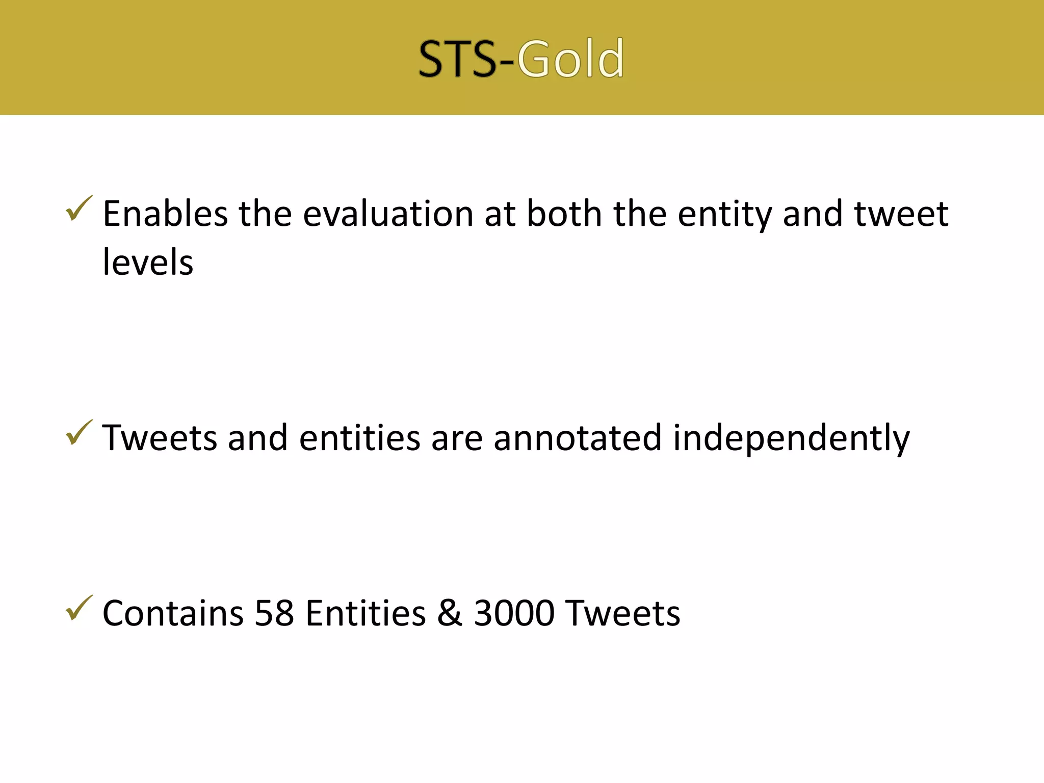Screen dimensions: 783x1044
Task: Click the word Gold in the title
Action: tap(570, 59)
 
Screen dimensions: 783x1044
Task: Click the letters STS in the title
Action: tap(457, 59)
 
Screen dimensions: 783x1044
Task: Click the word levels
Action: tap(148, 262)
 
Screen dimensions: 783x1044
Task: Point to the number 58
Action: tap(274, 613)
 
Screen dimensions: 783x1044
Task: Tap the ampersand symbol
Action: tap(450, 613)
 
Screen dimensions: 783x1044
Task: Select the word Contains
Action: tap(173, 613)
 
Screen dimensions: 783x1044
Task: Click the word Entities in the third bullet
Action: tap(366, 613)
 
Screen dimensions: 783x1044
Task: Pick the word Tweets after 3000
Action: tap(623, 613)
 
